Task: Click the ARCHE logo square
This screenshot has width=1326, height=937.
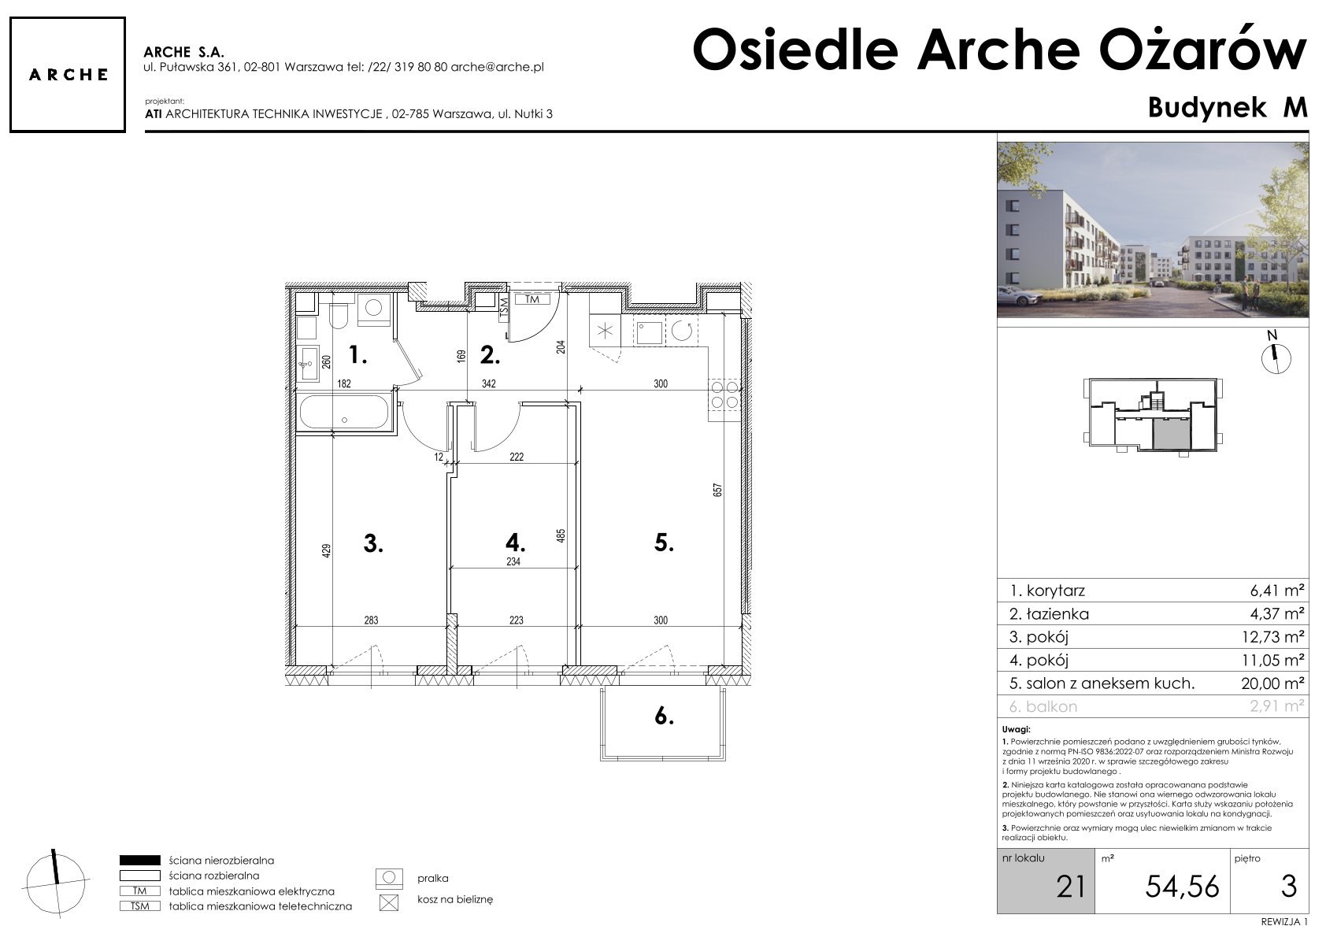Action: pyautogui.click(x=68, y=75)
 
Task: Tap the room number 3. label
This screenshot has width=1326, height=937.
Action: pyautogui.click(x=373, y=543)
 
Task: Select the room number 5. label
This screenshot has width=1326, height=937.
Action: pyautogui.click(x=664, y=543)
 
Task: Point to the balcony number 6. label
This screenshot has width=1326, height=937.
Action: pyautogui.click(x=665, y=717)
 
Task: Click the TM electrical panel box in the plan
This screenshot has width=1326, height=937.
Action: pyautogui.click(x=532, y=299)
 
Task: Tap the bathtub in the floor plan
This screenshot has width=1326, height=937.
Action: pyautogui.click(x=345, y=411)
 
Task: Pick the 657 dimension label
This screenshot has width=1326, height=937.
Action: pyautogui.click(x=717, y=490)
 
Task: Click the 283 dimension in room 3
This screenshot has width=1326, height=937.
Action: pyautogui.click(x=371, y=620)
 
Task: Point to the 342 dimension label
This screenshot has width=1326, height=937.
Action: pyautogui.click(x=488, y=383)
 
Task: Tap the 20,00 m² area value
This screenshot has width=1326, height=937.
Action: pyautogui.click(x=1272, y=683)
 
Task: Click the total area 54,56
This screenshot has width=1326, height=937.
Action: pyautogui.click(x=1182, y=887)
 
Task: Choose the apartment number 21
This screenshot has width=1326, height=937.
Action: pyautogui.click(x=1071, y=887)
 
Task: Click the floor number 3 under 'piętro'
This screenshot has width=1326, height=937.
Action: pyautogui.click(x=1289, y=887)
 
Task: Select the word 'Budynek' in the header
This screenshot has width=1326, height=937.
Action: pyautogui.click(x=1207, y=108)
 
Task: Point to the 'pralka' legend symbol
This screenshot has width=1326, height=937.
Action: pyautogui.click(x=389, y=879)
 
